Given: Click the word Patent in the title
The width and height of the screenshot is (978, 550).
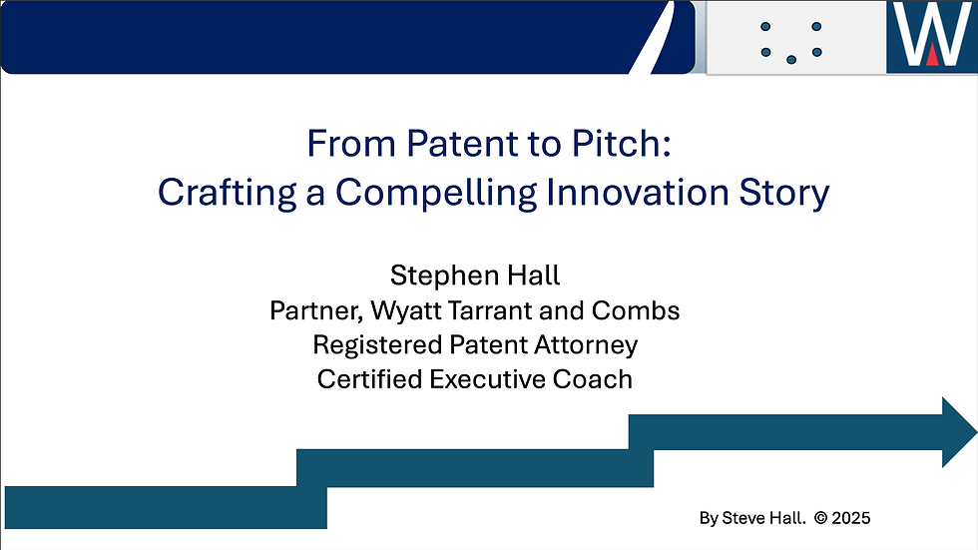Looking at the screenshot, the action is coord(461,144).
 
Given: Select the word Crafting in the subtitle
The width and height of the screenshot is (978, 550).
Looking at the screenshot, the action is coord(228,193).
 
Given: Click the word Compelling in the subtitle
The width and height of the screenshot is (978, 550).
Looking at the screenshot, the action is coord(436,193).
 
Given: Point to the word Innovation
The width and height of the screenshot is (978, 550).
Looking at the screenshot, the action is coord(638,192).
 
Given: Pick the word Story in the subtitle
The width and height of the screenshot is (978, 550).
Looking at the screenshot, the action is coord(784,193).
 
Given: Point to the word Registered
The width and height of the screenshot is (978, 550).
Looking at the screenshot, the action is coord(377,345).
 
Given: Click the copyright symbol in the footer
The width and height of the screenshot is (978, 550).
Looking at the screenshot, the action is coord(820,518).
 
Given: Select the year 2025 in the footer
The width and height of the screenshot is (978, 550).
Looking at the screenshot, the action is coord(851,518).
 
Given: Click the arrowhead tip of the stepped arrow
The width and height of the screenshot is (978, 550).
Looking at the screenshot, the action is coord(976,431).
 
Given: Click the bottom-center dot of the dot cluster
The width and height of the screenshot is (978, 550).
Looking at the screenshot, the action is coord(791,60).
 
